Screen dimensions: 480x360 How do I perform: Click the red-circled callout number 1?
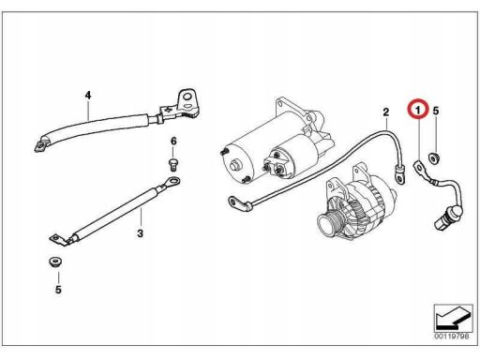[417, 110]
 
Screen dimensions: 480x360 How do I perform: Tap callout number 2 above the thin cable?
[386, 112]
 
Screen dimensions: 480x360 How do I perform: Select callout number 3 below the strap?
[140, 233]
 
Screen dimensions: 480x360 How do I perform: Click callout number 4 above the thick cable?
[88, 95]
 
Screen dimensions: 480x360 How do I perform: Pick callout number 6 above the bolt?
[173, 142]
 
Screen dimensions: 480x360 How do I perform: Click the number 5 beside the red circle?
[436, 111]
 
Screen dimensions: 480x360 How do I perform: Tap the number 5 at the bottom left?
[58, 290]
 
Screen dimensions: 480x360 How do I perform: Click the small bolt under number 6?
[173, 165]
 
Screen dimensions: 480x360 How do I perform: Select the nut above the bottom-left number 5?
[55, 262]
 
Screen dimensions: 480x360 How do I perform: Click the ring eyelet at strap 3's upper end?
[172, 181]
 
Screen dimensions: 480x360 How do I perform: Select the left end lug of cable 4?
[41, 144]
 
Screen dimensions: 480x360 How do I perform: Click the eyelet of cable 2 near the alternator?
[399, 175]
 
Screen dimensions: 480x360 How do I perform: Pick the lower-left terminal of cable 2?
[236, 202]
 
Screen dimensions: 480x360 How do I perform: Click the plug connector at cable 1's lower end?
[447, 217]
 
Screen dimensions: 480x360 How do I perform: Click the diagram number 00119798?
[452, 337]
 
